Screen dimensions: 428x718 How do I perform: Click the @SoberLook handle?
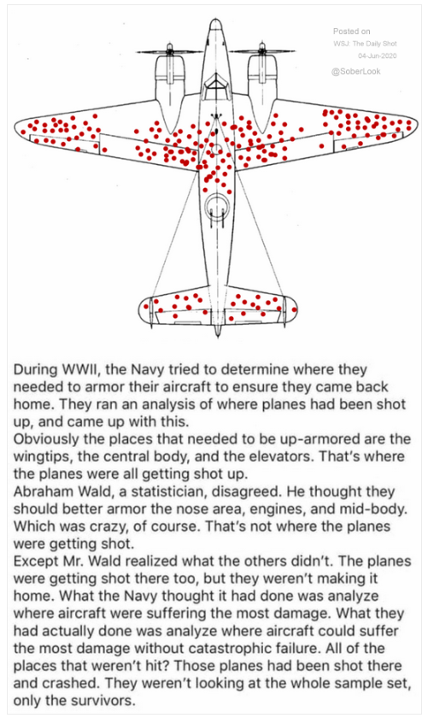pyautogui.click(x=355, y=72)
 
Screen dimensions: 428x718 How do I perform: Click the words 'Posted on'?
pyautogui.click(x=352, y=31)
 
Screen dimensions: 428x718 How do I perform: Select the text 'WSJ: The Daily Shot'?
pyautogui.click(x=365, y=44)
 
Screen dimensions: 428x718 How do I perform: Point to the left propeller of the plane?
pyautogui.click(x=169, y=51)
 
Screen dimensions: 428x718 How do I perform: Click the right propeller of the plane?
pyautogui.click(x=261, y=50)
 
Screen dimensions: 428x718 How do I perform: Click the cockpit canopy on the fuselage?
pyautogui.click(x=215, y=84)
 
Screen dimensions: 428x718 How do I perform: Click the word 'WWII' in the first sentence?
pyautogui.click(x=85, y=369)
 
